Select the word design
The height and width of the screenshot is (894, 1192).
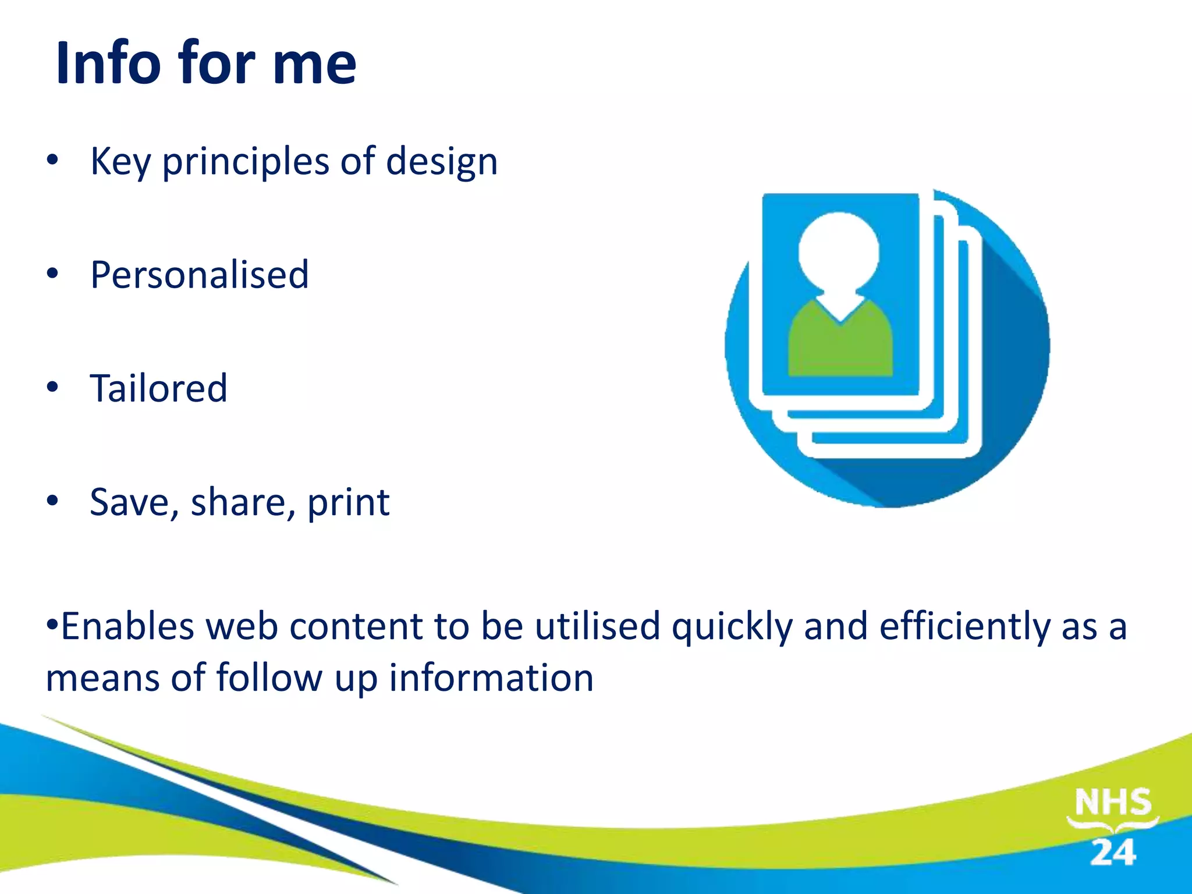(x=442, y=162)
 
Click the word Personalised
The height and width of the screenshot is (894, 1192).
(x=200, y=275)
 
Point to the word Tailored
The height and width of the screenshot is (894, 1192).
(x=158, y=388)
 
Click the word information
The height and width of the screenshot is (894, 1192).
(x=491, y=678)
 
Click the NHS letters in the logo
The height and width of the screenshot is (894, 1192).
(x=1112, y=803)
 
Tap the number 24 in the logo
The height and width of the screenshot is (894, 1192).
(x=1112, y=853)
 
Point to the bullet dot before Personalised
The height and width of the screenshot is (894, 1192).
(x=53, y=274)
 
